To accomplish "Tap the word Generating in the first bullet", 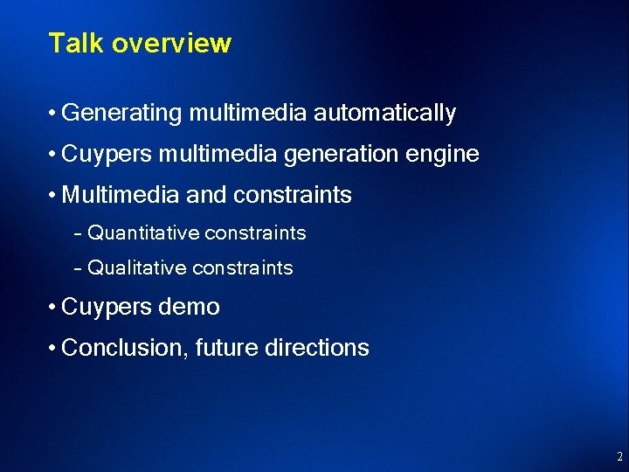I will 121,114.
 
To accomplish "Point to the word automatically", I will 384,114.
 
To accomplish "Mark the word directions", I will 316,348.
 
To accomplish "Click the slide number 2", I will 619,456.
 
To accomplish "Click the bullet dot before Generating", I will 53,114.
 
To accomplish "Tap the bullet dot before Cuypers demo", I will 53,308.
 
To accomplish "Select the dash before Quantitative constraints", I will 79,233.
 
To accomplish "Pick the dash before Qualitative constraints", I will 79,268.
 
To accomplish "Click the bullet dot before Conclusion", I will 53,348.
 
